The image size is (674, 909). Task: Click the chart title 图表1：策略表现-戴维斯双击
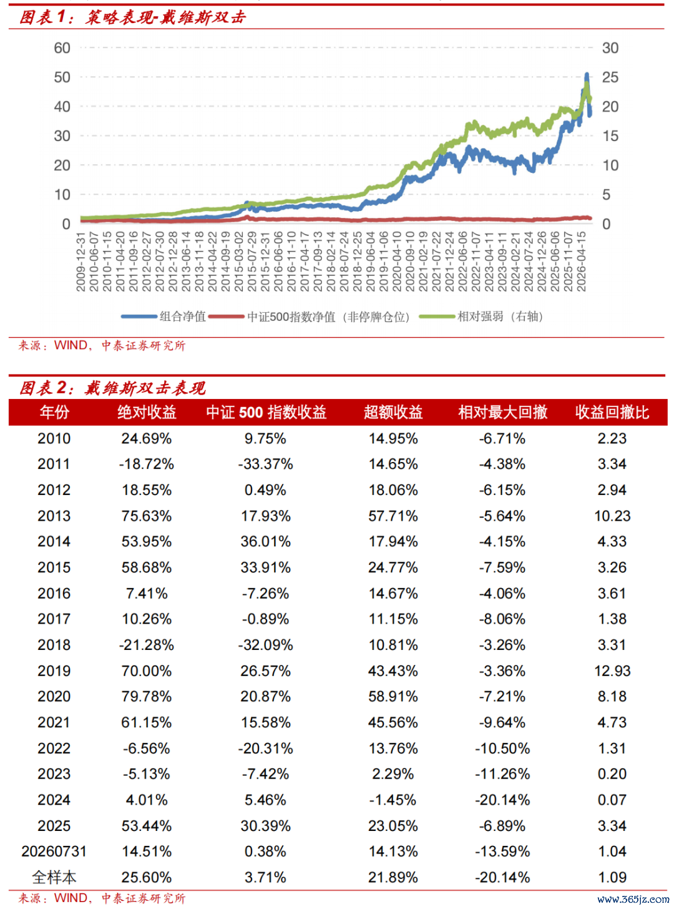(x=133, y=17)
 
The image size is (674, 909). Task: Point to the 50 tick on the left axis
(x=62, y=77)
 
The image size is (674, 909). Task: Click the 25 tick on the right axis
(x=610, y=77)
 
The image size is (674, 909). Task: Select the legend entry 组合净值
(x=164, y=317)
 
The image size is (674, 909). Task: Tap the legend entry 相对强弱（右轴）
(x=481, y=317)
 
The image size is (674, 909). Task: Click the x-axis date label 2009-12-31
(x=81, y=262)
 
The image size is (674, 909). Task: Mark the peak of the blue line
(x=587, y=74)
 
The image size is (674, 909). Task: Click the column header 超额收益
(x=393, y=412)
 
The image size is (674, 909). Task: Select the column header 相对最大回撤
(x=503, y=412)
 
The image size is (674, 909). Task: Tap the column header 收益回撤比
(x=612, y=412)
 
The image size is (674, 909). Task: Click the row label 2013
(x=54, y=516)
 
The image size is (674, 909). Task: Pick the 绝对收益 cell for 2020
(x=146, y=696)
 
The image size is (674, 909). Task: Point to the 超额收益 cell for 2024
(x=393, y=800)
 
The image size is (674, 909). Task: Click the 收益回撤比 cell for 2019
(x=612, y=671)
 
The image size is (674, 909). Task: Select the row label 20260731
(x=54, y=851)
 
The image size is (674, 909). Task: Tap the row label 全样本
(x=54, y=877)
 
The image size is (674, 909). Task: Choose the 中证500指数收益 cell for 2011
(x=265, y=464)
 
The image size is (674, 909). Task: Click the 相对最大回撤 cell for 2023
(x=503, y=774)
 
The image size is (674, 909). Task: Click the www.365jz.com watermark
(x=633, y=899)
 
